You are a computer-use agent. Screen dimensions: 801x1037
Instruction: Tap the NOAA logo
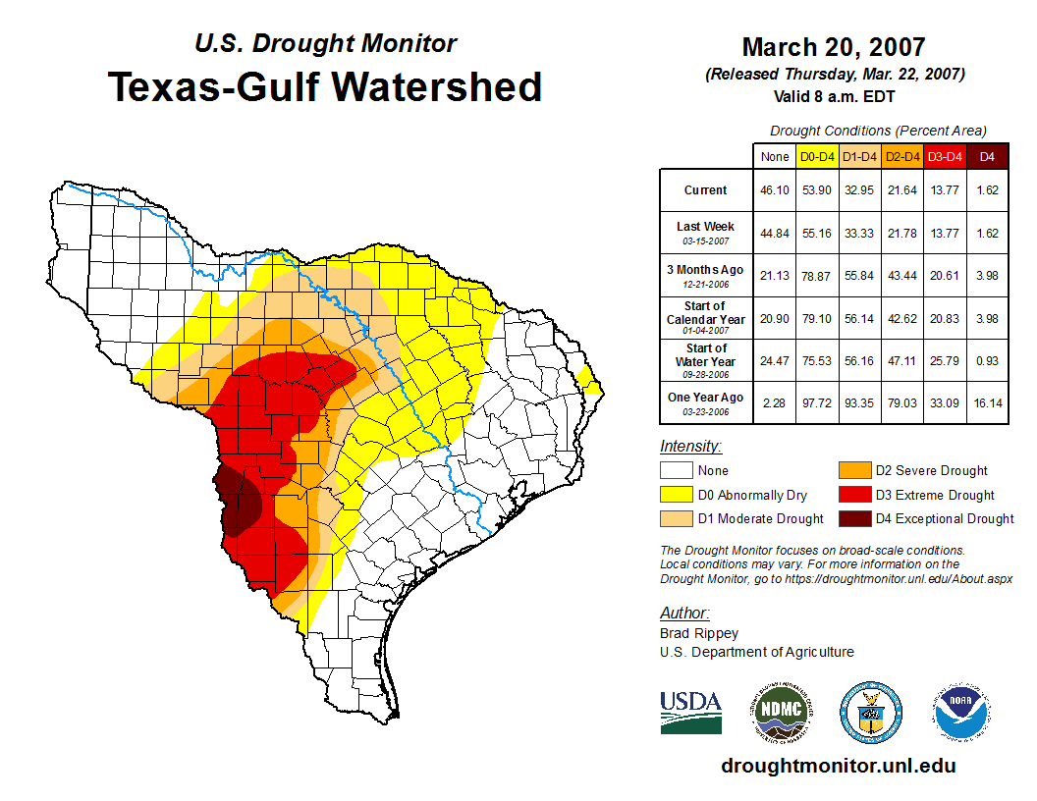961,710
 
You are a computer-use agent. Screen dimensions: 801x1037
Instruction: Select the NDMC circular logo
781,710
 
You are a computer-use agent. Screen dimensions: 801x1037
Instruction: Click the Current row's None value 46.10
774,190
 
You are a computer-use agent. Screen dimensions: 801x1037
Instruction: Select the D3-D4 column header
944,156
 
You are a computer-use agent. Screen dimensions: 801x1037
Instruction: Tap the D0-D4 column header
817,156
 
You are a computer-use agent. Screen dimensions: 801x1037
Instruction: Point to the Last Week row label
705,233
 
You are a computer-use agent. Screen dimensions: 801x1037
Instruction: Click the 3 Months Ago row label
705,275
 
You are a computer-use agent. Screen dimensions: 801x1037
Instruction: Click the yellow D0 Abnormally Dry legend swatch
676,495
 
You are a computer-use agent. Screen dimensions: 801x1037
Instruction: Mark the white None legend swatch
676,470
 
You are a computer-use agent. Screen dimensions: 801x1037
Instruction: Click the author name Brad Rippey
699,633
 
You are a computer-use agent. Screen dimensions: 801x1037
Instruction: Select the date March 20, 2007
834,47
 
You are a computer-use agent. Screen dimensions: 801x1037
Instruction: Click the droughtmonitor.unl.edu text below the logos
838,766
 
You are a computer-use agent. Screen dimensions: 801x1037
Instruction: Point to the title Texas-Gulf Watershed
325,86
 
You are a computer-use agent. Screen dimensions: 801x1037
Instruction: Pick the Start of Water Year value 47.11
901,360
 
